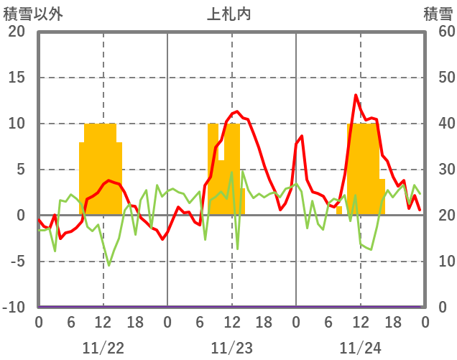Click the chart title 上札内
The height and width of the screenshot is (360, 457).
[229, 14]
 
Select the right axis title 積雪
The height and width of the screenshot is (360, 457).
[438, 14]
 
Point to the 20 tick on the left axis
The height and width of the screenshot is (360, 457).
[17, 32]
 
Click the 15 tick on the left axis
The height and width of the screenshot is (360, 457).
[17, 78]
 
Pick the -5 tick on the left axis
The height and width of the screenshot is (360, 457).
[17, 262]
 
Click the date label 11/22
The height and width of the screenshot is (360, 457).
[103, 348]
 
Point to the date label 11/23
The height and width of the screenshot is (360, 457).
[232, 348]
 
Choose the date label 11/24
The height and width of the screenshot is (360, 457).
[361, 348]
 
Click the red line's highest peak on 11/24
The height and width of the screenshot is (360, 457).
[356, 95]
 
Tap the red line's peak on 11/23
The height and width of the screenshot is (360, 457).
[237, 111]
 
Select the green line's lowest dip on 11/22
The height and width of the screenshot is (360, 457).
[109, 266]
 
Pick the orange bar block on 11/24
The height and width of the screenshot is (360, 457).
[365, 169]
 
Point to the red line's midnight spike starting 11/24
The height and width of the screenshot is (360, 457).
[302, 136]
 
